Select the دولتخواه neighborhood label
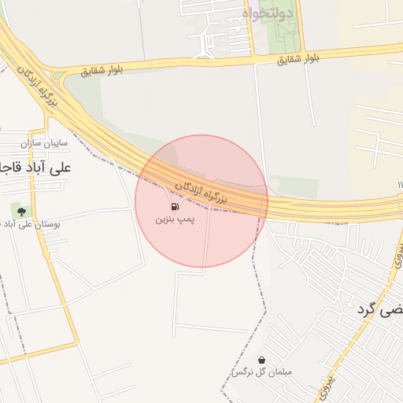[x=268, y=13]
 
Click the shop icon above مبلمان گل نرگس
[x=261, y=360]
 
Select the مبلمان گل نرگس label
[x=261, y=372]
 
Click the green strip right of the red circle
[x=295, y=187]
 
